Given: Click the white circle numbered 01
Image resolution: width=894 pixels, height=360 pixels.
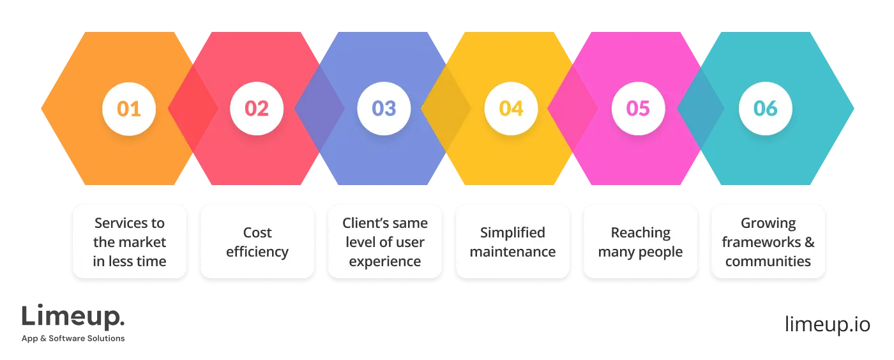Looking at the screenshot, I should coord(129,109).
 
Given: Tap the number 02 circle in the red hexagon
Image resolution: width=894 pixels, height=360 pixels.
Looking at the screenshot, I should coord(257,109).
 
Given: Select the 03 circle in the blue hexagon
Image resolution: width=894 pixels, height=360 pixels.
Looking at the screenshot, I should coord(384,109).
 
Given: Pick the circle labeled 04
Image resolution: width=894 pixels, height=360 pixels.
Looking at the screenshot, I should coord(511,109).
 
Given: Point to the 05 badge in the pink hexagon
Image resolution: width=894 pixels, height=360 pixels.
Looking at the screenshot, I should coord(638,109).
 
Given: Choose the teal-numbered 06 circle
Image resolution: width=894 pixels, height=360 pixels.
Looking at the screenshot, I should coord(765,109).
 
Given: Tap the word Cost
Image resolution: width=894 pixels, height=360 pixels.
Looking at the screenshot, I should coord(257,233).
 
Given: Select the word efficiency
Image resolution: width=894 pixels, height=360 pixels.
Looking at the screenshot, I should coord(257,252).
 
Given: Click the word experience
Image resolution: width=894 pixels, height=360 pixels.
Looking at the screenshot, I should coord(385,262).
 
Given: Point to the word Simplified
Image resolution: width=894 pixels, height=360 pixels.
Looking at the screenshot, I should coord(513,233).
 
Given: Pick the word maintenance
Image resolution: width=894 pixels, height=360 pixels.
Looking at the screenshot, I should coord(513,252).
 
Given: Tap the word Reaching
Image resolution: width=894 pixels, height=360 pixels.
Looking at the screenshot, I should coord(640,233).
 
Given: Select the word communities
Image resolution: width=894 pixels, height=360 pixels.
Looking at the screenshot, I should coord(768,262).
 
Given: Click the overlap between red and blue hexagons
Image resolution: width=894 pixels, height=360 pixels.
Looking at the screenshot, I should coord(320,109).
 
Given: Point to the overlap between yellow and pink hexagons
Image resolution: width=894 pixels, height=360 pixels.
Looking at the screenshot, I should coord(573,109).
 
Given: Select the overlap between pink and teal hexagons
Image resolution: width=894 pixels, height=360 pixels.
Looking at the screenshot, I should coord(701,109).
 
